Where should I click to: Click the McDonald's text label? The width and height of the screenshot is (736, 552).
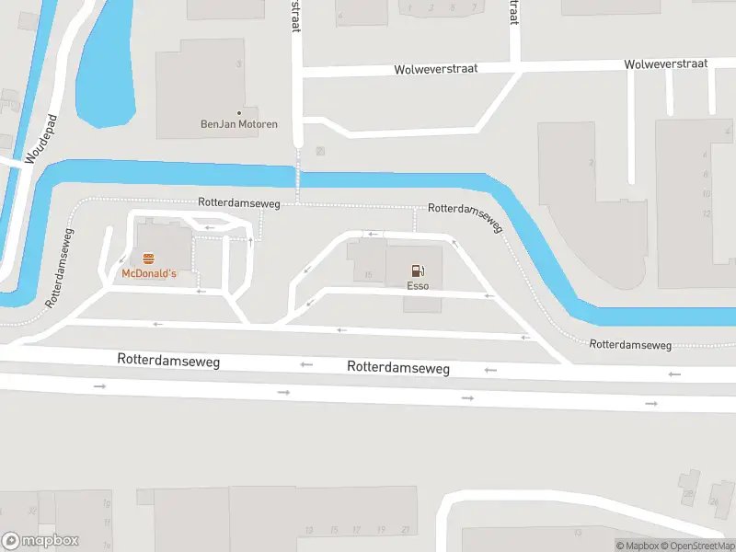[x=148, y=274]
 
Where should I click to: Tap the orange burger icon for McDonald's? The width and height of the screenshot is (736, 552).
[x=148, y=259]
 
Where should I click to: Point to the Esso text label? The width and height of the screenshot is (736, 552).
[x=419, y=286]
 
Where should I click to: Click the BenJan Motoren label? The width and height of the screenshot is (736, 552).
[x=239, y=124]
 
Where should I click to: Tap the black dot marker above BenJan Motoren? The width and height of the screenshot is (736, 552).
[x=239, y=112]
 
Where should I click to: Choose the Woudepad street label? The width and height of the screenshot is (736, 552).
[x=41, y=139]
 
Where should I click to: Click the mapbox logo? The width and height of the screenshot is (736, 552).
[x=40, y=541]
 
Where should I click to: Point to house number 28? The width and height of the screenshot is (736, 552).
[x=688, y=494]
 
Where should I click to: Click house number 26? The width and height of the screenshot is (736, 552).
[x=714, y=501]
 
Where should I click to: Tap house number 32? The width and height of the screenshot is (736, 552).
[x=31, y=510]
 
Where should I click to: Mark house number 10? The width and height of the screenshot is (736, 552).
[x=707, y=194]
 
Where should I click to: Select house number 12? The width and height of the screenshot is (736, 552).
[x=707, y=213]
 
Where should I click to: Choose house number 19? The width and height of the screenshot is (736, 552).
[x=381, y=530]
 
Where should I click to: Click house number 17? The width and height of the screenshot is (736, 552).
[x=357, y=530]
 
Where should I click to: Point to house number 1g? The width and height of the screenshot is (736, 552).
[x=107, y=504]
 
